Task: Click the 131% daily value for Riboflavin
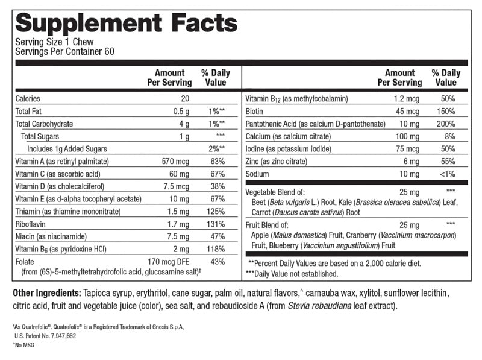pos(216,224)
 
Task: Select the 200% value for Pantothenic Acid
pos(446,124)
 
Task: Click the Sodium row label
pos(257,174)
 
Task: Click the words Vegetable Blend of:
pos(276,191)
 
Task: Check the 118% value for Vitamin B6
pos(216,250)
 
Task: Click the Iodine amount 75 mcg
pos(407,148)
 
